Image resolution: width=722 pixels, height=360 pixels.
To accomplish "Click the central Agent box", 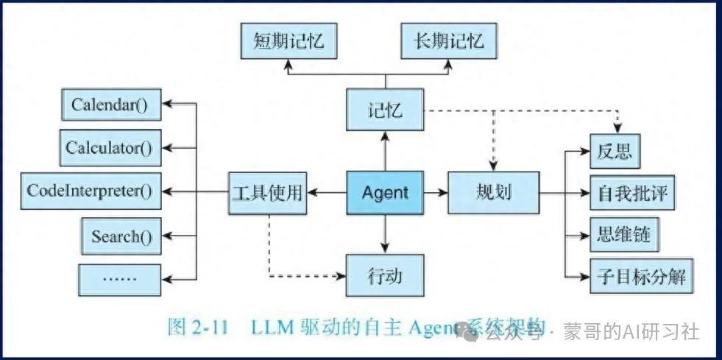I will tap(385, 193).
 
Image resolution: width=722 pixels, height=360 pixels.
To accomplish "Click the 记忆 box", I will tap(385, 111).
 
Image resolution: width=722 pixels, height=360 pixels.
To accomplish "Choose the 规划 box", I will tap(493, 193).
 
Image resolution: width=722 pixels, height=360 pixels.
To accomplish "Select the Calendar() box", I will tap(110, 105).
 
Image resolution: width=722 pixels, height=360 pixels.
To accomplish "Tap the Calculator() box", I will tap(110, 148).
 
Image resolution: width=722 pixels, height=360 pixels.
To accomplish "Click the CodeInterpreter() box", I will tap(90, 191).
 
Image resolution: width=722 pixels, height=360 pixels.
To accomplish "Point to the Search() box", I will tap(121, 237).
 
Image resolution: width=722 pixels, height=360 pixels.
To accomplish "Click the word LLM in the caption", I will tap(276, 325).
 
